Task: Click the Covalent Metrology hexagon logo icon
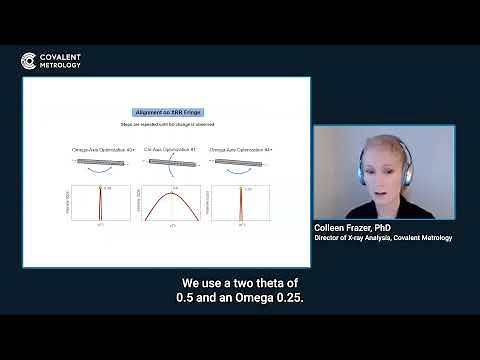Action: [29, 61]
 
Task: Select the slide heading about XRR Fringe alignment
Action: [165, 113]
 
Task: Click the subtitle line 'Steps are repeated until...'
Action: [165, 124]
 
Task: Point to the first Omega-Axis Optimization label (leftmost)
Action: [103, 148]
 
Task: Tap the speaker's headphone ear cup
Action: [404, 158]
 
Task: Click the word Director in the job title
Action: [330, 238]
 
